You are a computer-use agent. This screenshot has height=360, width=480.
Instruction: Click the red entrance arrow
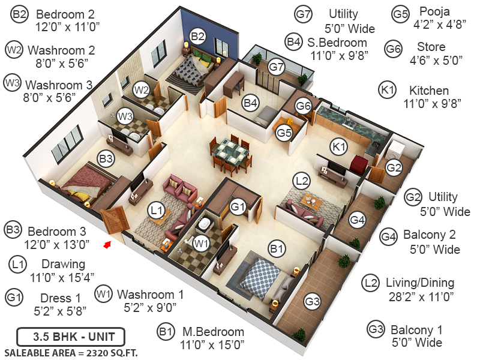[107, 244]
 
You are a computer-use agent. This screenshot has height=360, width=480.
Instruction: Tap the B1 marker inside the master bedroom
[276, 247]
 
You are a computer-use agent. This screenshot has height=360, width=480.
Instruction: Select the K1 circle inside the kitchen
[340, 146]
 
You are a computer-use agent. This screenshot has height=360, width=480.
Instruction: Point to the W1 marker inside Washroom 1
[202, 243]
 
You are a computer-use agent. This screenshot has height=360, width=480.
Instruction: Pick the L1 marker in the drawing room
[157, 210]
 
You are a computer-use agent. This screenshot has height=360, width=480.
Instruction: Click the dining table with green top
[229, 149]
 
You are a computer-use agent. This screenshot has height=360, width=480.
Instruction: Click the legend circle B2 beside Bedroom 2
[19, 16]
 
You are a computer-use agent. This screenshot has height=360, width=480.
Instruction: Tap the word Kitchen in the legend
[428, 91]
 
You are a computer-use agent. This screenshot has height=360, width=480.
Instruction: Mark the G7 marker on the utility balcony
[276, 67]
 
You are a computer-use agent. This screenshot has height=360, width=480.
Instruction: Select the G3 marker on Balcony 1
[312, 301]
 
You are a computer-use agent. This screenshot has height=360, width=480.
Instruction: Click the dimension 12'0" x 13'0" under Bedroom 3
[58, 244]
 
